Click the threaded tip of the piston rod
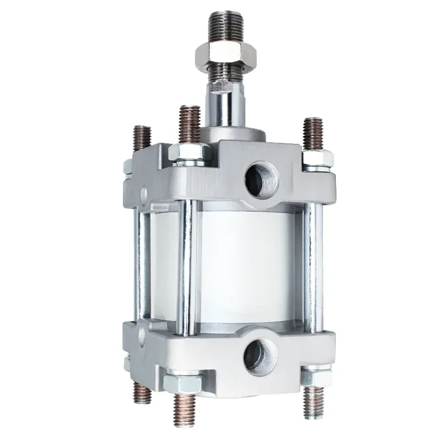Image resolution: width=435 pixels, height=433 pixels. pyautogui.click(x=225, y=29)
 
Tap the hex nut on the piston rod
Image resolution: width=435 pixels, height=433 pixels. pyautogui.click(x=226, y=55)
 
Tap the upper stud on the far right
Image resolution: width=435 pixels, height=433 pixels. pyautogui.click(x=312, y=134)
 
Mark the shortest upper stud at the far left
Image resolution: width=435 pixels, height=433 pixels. pyautogui.click(x=143, y=139)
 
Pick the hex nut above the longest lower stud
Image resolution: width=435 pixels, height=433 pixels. pyautogui.click(x=183, y=383)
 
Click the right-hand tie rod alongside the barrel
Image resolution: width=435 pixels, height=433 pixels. pyautogui.click(x=310, y=266)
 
